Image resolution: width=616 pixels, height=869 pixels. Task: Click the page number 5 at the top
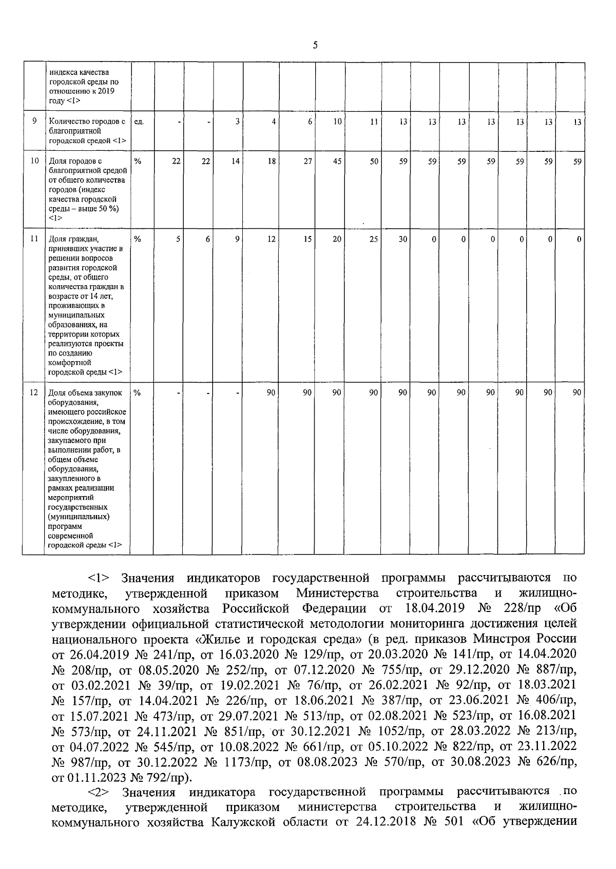tap(315, 45)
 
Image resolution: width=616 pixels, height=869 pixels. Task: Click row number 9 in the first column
tap(34, 121)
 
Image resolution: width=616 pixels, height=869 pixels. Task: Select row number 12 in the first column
tap(34, 392)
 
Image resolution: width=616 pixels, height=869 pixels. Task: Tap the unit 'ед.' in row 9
tap(139, 122)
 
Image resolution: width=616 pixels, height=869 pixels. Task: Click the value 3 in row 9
tap(237, 122)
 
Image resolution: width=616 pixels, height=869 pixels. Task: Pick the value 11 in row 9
tap(374, 122)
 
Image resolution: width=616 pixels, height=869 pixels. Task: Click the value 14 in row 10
tap(235, 161)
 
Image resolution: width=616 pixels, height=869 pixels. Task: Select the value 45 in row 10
tap(337, 161)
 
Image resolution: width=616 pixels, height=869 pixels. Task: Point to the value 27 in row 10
tap(307, 161)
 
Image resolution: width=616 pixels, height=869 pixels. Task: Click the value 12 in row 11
tap(271, 239)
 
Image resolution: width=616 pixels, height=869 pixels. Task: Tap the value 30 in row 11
tap(403, 239)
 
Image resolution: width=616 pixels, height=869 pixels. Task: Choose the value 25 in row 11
tap(374, 239)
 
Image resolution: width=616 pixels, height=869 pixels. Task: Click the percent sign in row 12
tap(137, 392)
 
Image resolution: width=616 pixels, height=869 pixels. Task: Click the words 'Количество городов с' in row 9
tap(87, 122)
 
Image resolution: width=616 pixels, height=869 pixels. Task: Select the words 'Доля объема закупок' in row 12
tap(85, 392)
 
